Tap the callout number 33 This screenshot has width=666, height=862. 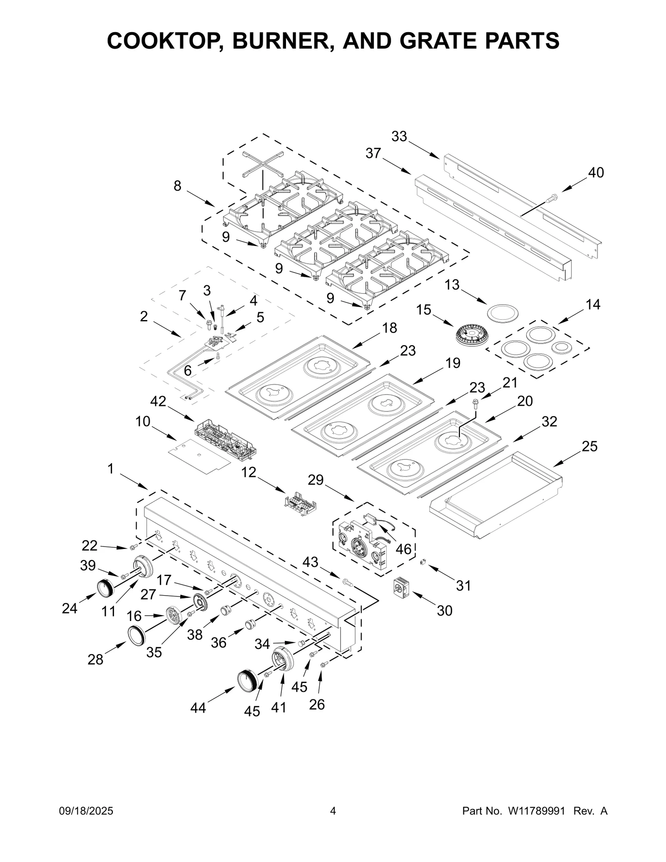(399, 136)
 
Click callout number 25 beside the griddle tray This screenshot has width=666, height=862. (589, 446)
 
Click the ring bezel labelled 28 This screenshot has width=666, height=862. (137, 635)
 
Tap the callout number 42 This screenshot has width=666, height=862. (158, 401)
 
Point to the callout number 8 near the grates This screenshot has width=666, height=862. (177, 186)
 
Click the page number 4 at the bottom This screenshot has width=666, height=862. (333, 811)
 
